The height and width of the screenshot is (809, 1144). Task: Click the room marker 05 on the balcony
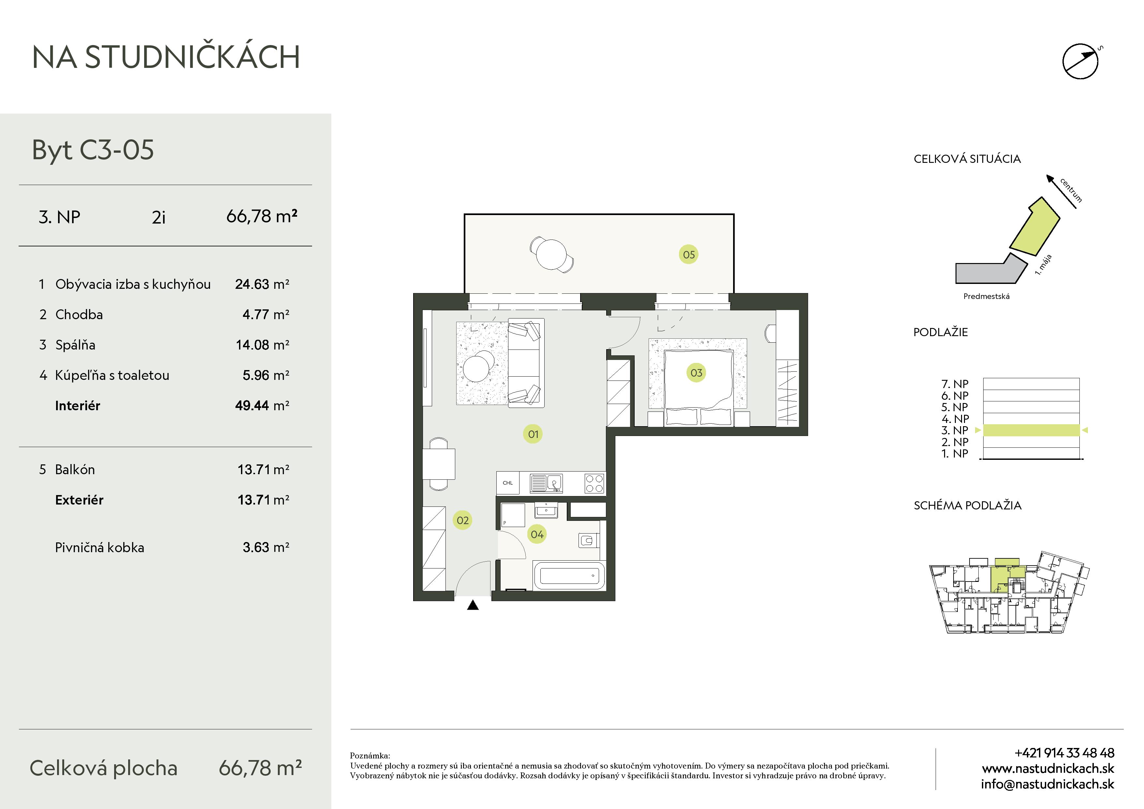(x=689, y=255)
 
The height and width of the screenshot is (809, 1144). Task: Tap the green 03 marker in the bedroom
(x=696, y=373)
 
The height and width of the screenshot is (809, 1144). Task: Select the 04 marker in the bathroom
(x=537, y=534)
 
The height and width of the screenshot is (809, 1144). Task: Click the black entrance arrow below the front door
(x=473, y=605)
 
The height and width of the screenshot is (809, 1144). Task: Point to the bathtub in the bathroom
(x=569, y=576)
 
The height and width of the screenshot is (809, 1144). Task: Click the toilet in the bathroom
(x=588, y=540)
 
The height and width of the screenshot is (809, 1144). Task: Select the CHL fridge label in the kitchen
(x=508, y=483)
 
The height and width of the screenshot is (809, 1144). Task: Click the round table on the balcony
(x=551, y=254)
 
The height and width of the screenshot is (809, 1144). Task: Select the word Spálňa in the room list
(x=75, y=345)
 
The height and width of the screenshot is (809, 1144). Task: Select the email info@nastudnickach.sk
(x=1047, y=785)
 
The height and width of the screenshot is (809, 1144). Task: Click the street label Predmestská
(x=986, y=296)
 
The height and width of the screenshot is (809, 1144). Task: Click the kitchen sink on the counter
(x=546, y=483)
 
